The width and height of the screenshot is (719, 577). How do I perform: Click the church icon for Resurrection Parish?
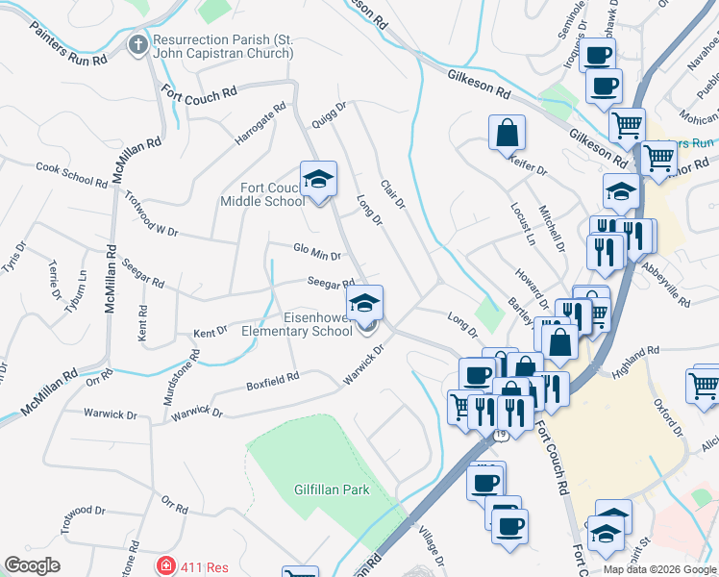(x=138, y=45)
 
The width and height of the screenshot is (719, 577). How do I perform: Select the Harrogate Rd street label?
(x=260, y=125)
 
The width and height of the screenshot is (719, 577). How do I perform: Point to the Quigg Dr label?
(x=328, y=116)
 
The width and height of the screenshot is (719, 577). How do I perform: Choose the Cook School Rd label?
(x=71, y=173)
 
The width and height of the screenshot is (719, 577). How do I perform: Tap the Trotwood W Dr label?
(x=152, y=213)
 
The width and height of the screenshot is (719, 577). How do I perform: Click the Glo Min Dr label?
(x=317, y=254)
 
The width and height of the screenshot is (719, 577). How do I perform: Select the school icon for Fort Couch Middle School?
(x=318, y=178)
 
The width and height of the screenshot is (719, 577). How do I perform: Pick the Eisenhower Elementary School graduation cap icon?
(x=364, y=303)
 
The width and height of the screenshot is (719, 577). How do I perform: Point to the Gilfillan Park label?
(x=332, y=489)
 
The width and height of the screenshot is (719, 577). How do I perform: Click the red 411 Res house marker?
(x=166, y=565)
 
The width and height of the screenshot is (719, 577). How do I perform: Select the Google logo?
(x=32, y=565)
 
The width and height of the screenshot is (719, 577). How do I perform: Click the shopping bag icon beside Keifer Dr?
(x=507, y=133)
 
